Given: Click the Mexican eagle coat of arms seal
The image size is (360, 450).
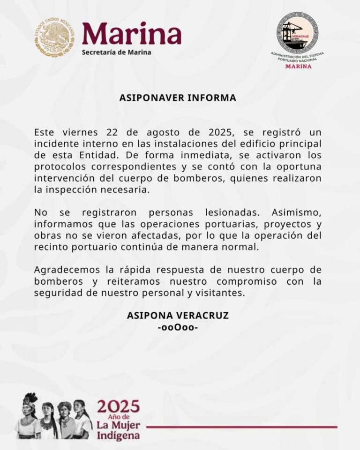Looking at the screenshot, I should click(x=54, y=37).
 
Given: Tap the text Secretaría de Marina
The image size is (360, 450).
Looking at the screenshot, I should click(x=116, y=52).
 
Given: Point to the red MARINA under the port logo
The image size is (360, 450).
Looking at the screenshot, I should click(x=298, y=66).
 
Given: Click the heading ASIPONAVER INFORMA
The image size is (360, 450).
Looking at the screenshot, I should click(x=178, y=98).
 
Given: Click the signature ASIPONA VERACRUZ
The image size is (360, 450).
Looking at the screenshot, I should click(x=178, y=316).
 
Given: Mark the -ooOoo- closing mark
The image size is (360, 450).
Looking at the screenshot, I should click(x=178, y=327).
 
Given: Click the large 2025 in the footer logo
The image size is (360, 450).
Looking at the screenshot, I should click(x=118, y=406).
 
